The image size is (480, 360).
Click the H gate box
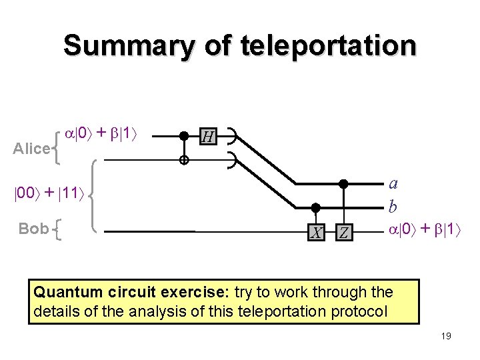pyautogui.click(x=208, y=137)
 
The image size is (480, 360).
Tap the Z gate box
pyautogui.click(x=343, y=233)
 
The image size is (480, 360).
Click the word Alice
pyautogui.click(x=32, y=149)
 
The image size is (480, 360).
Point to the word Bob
pyautogui.click(x=33, y=229)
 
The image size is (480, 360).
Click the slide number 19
pyautogui.click(x=445, y=336)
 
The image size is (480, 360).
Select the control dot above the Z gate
pyautogui.click(x=343, y=183)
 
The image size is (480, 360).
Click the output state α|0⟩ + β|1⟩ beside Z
pyautogui.click(x=425, y=229)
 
